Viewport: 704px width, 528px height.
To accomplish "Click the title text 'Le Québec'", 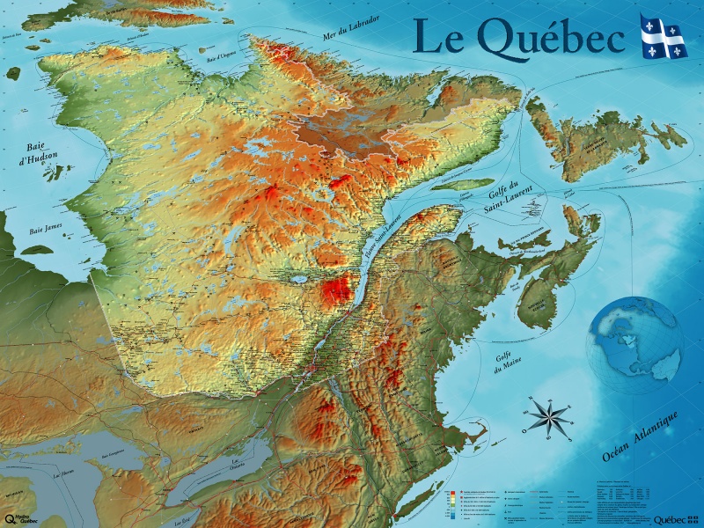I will tap(519, 37).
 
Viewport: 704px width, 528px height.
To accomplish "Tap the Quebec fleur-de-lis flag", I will tap(664, 36).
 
